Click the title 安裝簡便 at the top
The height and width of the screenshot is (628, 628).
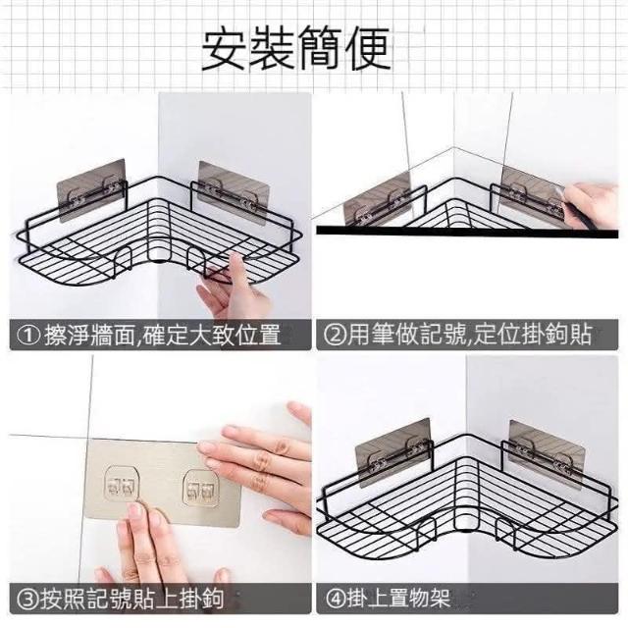295,49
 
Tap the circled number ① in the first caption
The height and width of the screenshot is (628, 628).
28,336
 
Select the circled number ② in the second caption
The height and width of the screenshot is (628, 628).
335,336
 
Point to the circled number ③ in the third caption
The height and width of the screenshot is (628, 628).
28,599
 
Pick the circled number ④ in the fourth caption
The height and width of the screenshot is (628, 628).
336,599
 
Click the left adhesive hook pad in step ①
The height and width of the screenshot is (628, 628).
91,190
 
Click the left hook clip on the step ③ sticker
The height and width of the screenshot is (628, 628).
122,484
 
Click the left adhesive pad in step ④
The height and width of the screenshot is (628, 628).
393,453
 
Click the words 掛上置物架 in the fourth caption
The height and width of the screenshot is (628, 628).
398,599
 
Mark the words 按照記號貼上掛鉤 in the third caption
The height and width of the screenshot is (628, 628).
132,599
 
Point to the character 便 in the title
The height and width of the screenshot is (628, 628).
368,49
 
